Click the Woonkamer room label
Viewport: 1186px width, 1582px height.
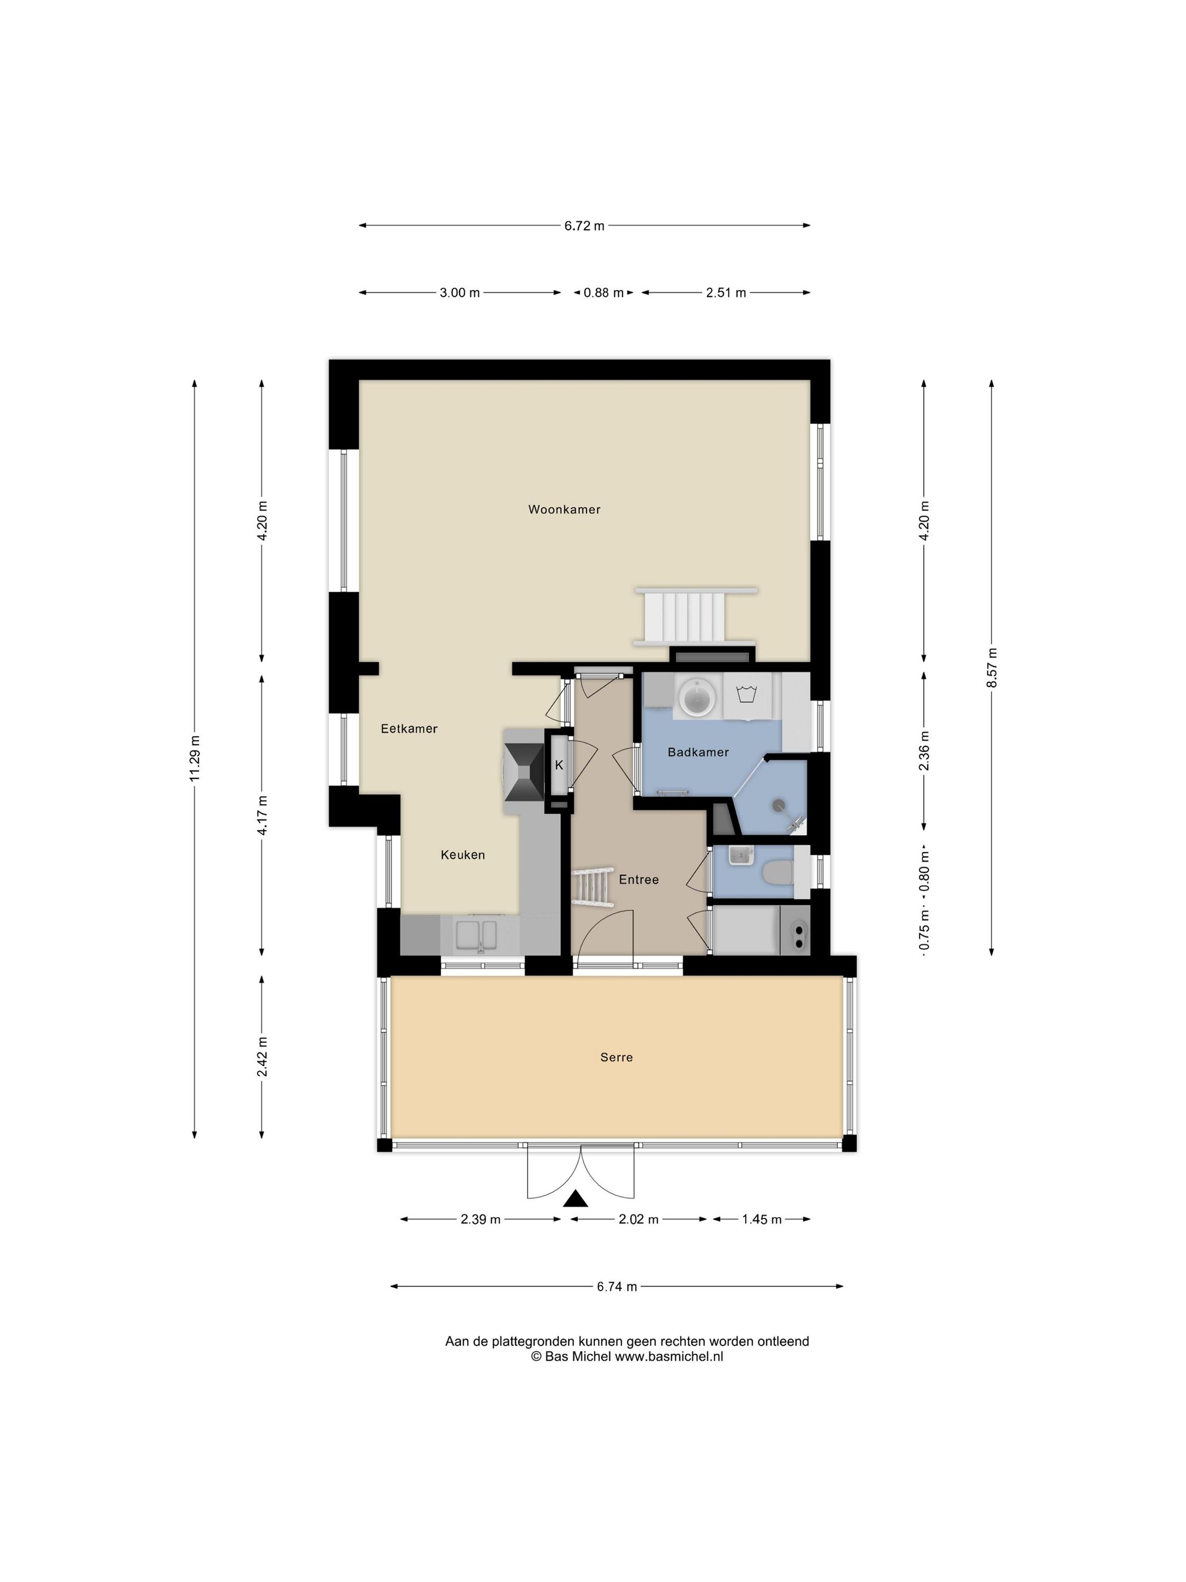pyautogui.click(x=564, y=509)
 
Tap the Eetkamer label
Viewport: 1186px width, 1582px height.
pyautogui.click(x=409, y=729)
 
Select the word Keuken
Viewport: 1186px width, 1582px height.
pyautogui.click(x=462, y=855)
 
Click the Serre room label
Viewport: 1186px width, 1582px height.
pyautogui.click(x=616, y=1057)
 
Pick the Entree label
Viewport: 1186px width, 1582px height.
pyautogui.click(x=638, y=880)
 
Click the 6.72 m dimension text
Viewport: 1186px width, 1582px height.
pyautogui.click(x=584, y=226)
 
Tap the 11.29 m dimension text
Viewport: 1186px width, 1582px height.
pyautogui.click(x=195, y=758)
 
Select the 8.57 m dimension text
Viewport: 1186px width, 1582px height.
pyautogui.click(x=991, y=667)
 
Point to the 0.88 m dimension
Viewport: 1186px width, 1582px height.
pyautogui.click(x=604, y=293)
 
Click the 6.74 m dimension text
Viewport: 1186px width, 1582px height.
pyautogui.click(x=617, y=1287)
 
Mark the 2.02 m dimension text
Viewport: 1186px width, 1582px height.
pyautogui.click(x=638, y=1219)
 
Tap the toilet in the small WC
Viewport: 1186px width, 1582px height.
pyautogui.click(x=776, y=873)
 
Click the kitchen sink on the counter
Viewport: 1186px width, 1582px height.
pyautogui.click(x=478, y=935)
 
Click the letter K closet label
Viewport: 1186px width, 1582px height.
pyautogui.click(x=559, y=765)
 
